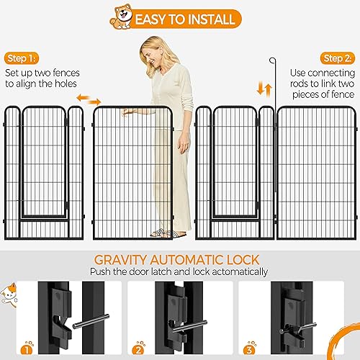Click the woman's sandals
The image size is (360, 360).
[162, 233]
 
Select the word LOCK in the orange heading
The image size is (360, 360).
[242, 260]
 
